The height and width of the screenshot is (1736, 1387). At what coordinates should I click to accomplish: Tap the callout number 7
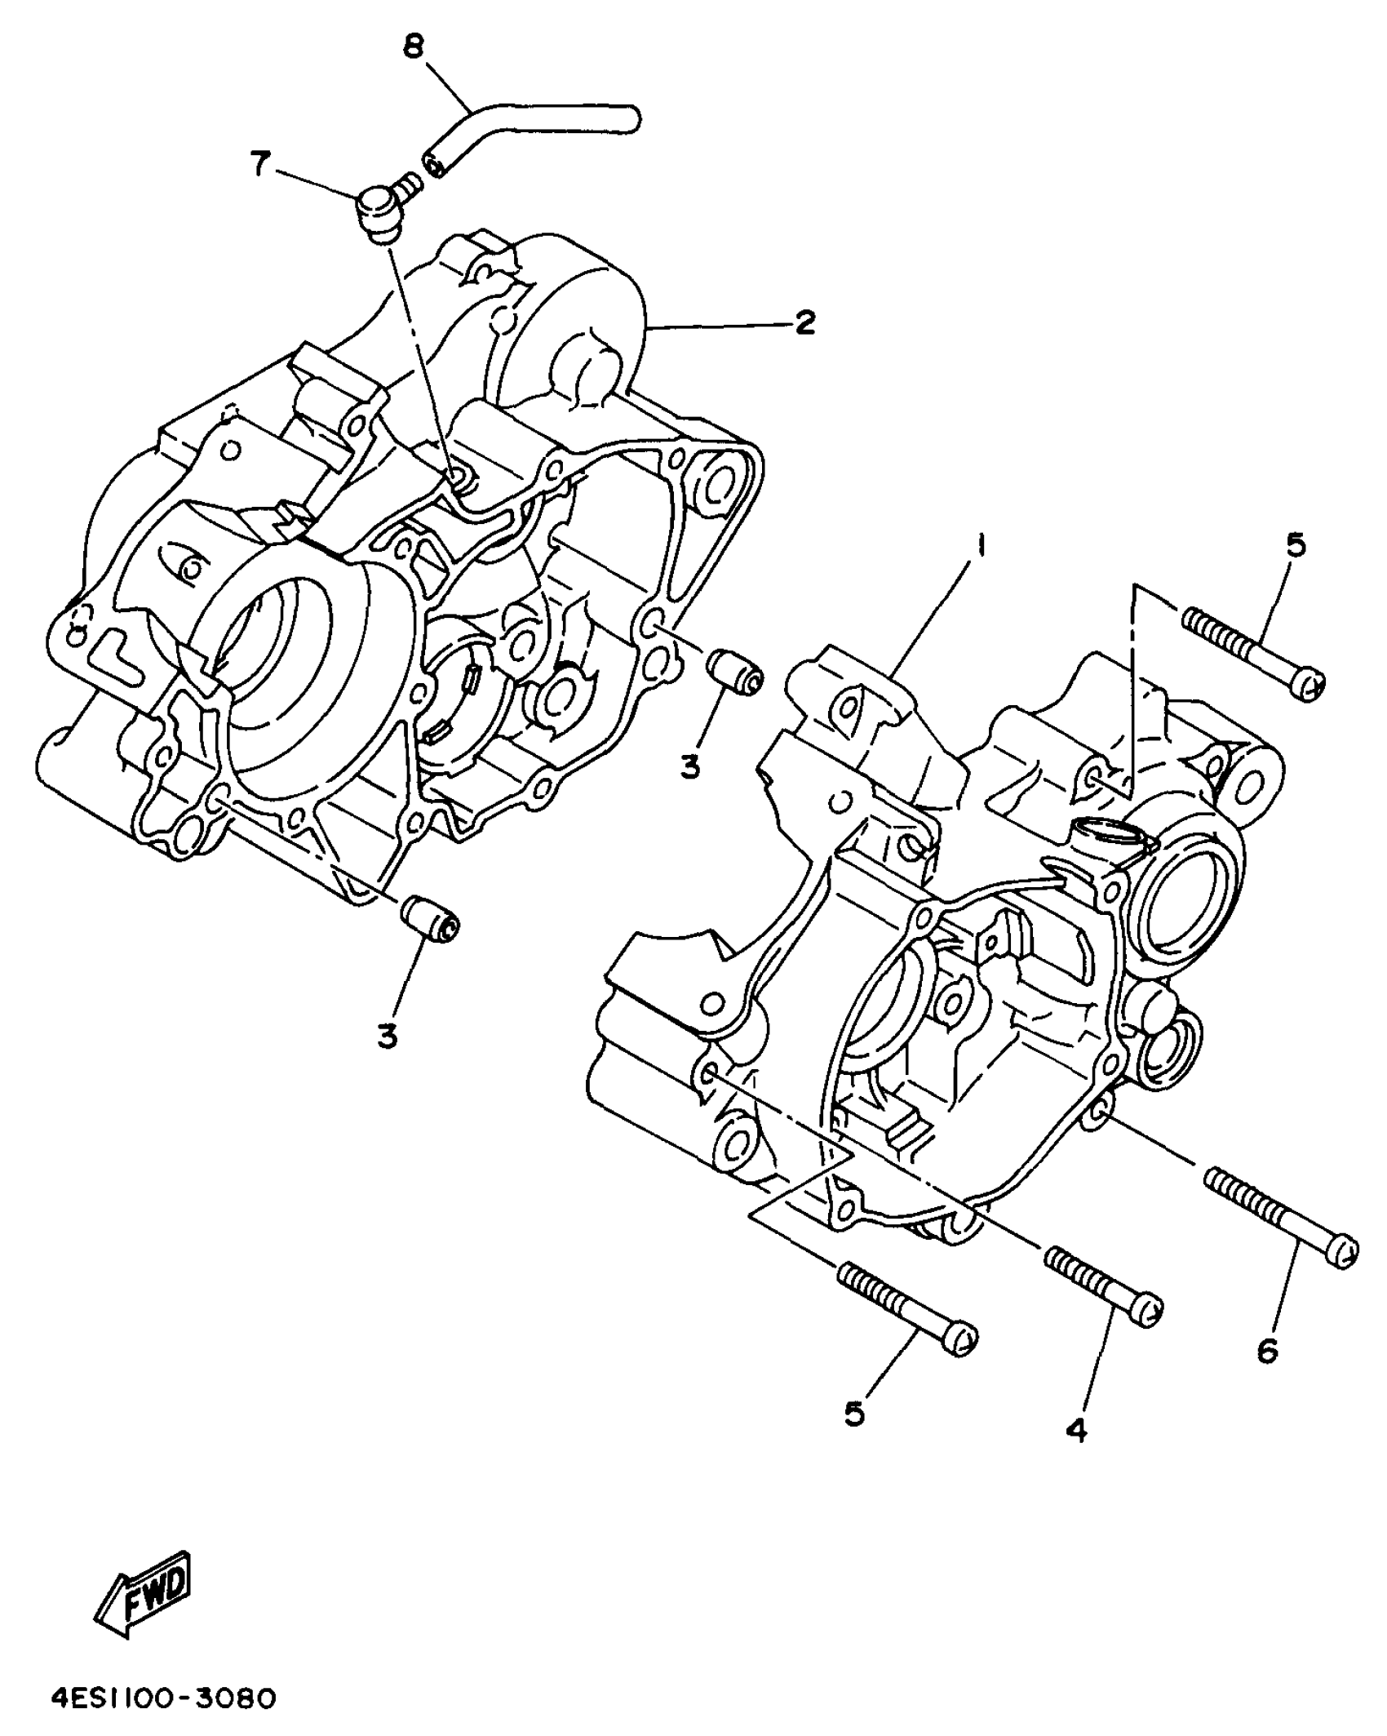(x=260, y=164)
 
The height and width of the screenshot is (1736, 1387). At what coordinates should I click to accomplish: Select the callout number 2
(x=804, y=323)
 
